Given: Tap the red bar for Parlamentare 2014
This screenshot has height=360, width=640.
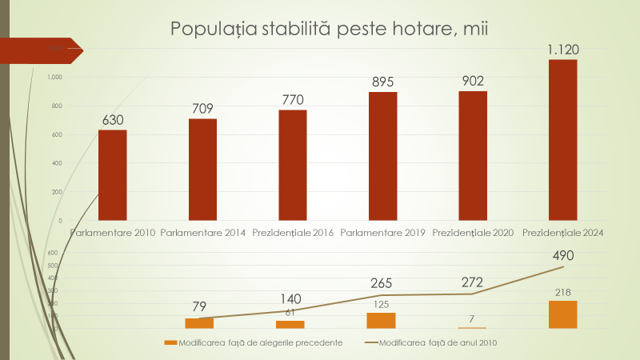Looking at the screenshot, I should pyautogui.click(x=202, y=169).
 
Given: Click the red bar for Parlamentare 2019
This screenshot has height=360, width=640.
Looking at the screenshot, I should pyautogui.click(x=382, y=155).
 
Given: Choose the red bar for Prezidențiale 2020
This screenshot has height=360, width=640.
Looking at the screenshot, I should pyautogui.click(x=473, y=155).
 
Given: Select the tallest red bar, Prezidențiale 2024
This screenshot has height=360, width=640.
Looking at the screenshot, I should pyautogui.click(x=562, y=139).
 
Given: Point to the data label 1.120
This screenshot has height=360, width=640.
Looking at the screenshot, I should pyautogui.click(x=562, y=50).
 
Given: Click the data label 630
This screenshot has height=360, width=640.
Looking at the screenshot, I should pyautogui.click(x=113, y=120).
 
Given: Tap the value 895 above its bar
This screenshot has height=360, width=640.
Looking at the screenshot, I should pyautogui.click(x=382, y=82).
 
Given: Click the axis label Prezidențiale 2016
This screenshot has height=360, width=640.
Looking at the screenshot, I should pyautogui.click(x=293, y=233).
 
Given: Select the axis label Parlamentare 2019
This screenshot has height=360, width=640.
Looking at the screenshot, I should pyautogui.click(x=382, y=233).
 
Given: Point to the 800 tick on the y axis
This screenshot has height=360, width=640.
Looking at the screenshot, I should pyautogui.click(x=54, y=106).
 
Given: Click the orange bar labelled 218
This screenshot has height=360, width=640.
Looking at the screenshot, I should pyautogui.click(x=562, y=314).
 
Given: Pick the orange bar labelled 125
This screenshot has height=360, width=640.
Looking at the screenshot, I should pyautogui.click(x=382, y=320).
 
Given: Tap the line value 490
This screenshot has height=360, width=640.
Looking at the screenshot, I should pyautogui.click(x=562, y=256).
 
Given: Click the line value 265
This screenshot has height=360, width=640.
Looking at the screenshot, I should pyautogui.click(x=382, y=285).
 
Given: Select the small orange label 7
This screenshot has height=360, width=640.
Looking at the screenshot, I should pyautogui.click(x=472, y=319).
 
